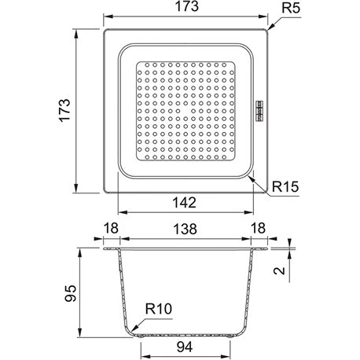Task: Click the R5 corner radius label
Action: click(x=290, y=8)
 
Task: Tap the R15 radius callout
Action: click(x=285, y=187)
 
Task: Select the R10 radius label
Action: click(x=159, y=309)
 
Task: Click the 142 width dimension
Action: click(x=185, y=203)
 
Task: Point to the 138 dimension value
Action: click(x=185, y=229)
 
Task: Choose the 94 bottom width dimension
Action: click(x=185, y=347)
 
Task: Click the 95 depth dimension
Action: click(x=71, y=293)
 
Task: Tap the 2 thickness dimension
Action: click(x=279, y=270)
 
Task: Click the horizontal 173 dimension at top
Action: click(x=186, y=6)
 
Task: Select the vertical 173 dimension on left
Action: click(x=64, y=110)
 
